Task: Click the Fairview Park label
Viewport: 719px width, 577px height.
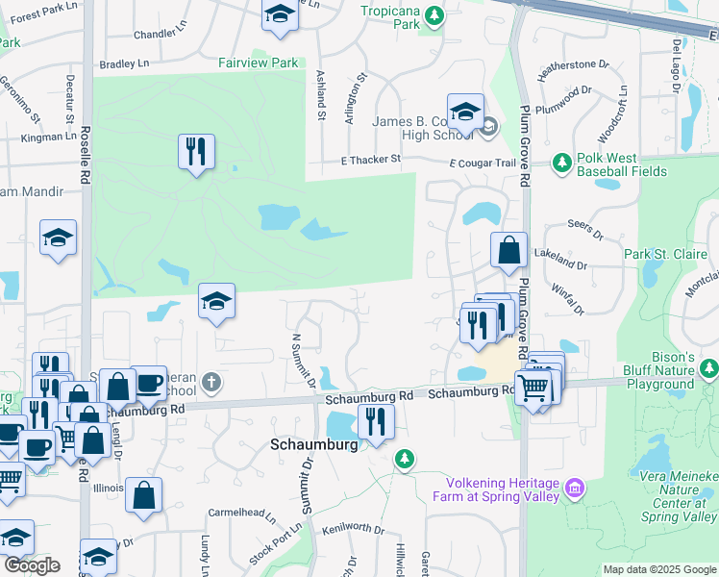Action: click(x=259, y=62)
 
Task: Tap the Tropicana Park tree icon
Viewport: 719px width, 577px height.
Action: click(x=434, y=15)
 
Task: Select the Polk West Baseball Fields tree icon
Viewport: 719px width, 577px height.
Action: click(x=562, y=163)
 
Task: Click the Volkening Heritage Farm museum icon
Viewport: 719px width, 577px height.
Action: click(x=575, y=489)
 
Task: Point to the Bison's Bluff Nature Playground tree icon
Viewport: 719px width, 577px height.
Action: click(x=709, y=368)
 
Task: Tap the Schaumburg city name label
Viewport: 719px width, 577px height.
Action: click(x=313, y=445)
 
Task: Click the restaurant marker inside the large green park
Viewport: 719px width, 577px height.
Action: click(x=196, y=152)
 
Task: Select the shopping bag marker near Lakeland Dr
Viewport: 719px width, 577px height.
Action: click(x=508, y=251)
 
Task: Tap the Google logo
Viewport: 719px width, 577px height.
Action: click(x=32, y=564)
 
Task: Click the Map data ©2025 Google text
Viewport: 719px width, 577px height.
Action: click(x=657, y=569)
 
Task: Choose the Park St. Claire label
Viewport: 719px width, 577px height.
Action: click(x=664, y=254)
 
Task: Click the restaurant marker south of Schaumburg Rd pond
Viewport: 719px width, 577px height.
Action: click(x=375, y=421)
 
